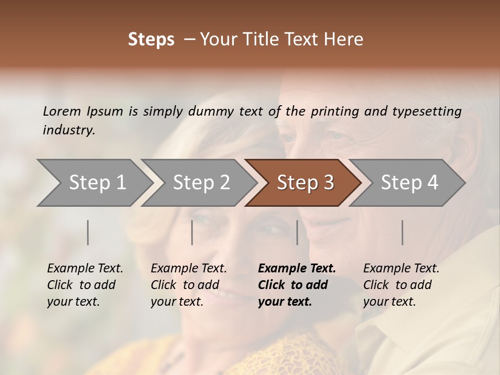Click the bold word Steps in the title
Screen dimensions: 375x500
pyautogui.click(x=151, y=40)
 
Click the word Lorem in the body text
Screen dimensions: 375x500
pyautogui.click(x=61, y=111)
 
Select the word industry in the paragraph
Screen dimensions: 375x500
pyautogui.click(x=68, y=130)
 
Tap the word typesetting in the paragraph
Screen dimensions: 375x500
pyautogui.click(x=427, y=111)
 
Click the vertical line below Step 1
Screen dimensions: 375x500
pyautogui.click(x=88, y=232)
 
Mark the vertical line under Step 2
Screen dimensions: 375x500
pyautogui.click(x=192, y=232)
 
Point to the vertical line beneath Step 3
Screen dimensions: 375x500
pyautogui.click(x=297, y=232)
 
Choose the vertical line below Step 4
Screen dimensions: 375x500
pyautogui.click(x=403, y=232)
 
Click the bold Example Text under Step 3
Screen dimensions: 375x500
pyautogui.click(x=297, y=269)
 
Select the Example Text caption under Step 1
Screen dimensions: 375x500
pyautogui.click(x=85, y=269)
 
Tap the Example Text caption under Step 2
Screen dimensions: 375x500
pyautogui.click(x=189, y=269)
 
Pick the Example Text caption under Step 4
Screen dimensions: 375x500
pyautogui.click(x=401, y=269)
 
